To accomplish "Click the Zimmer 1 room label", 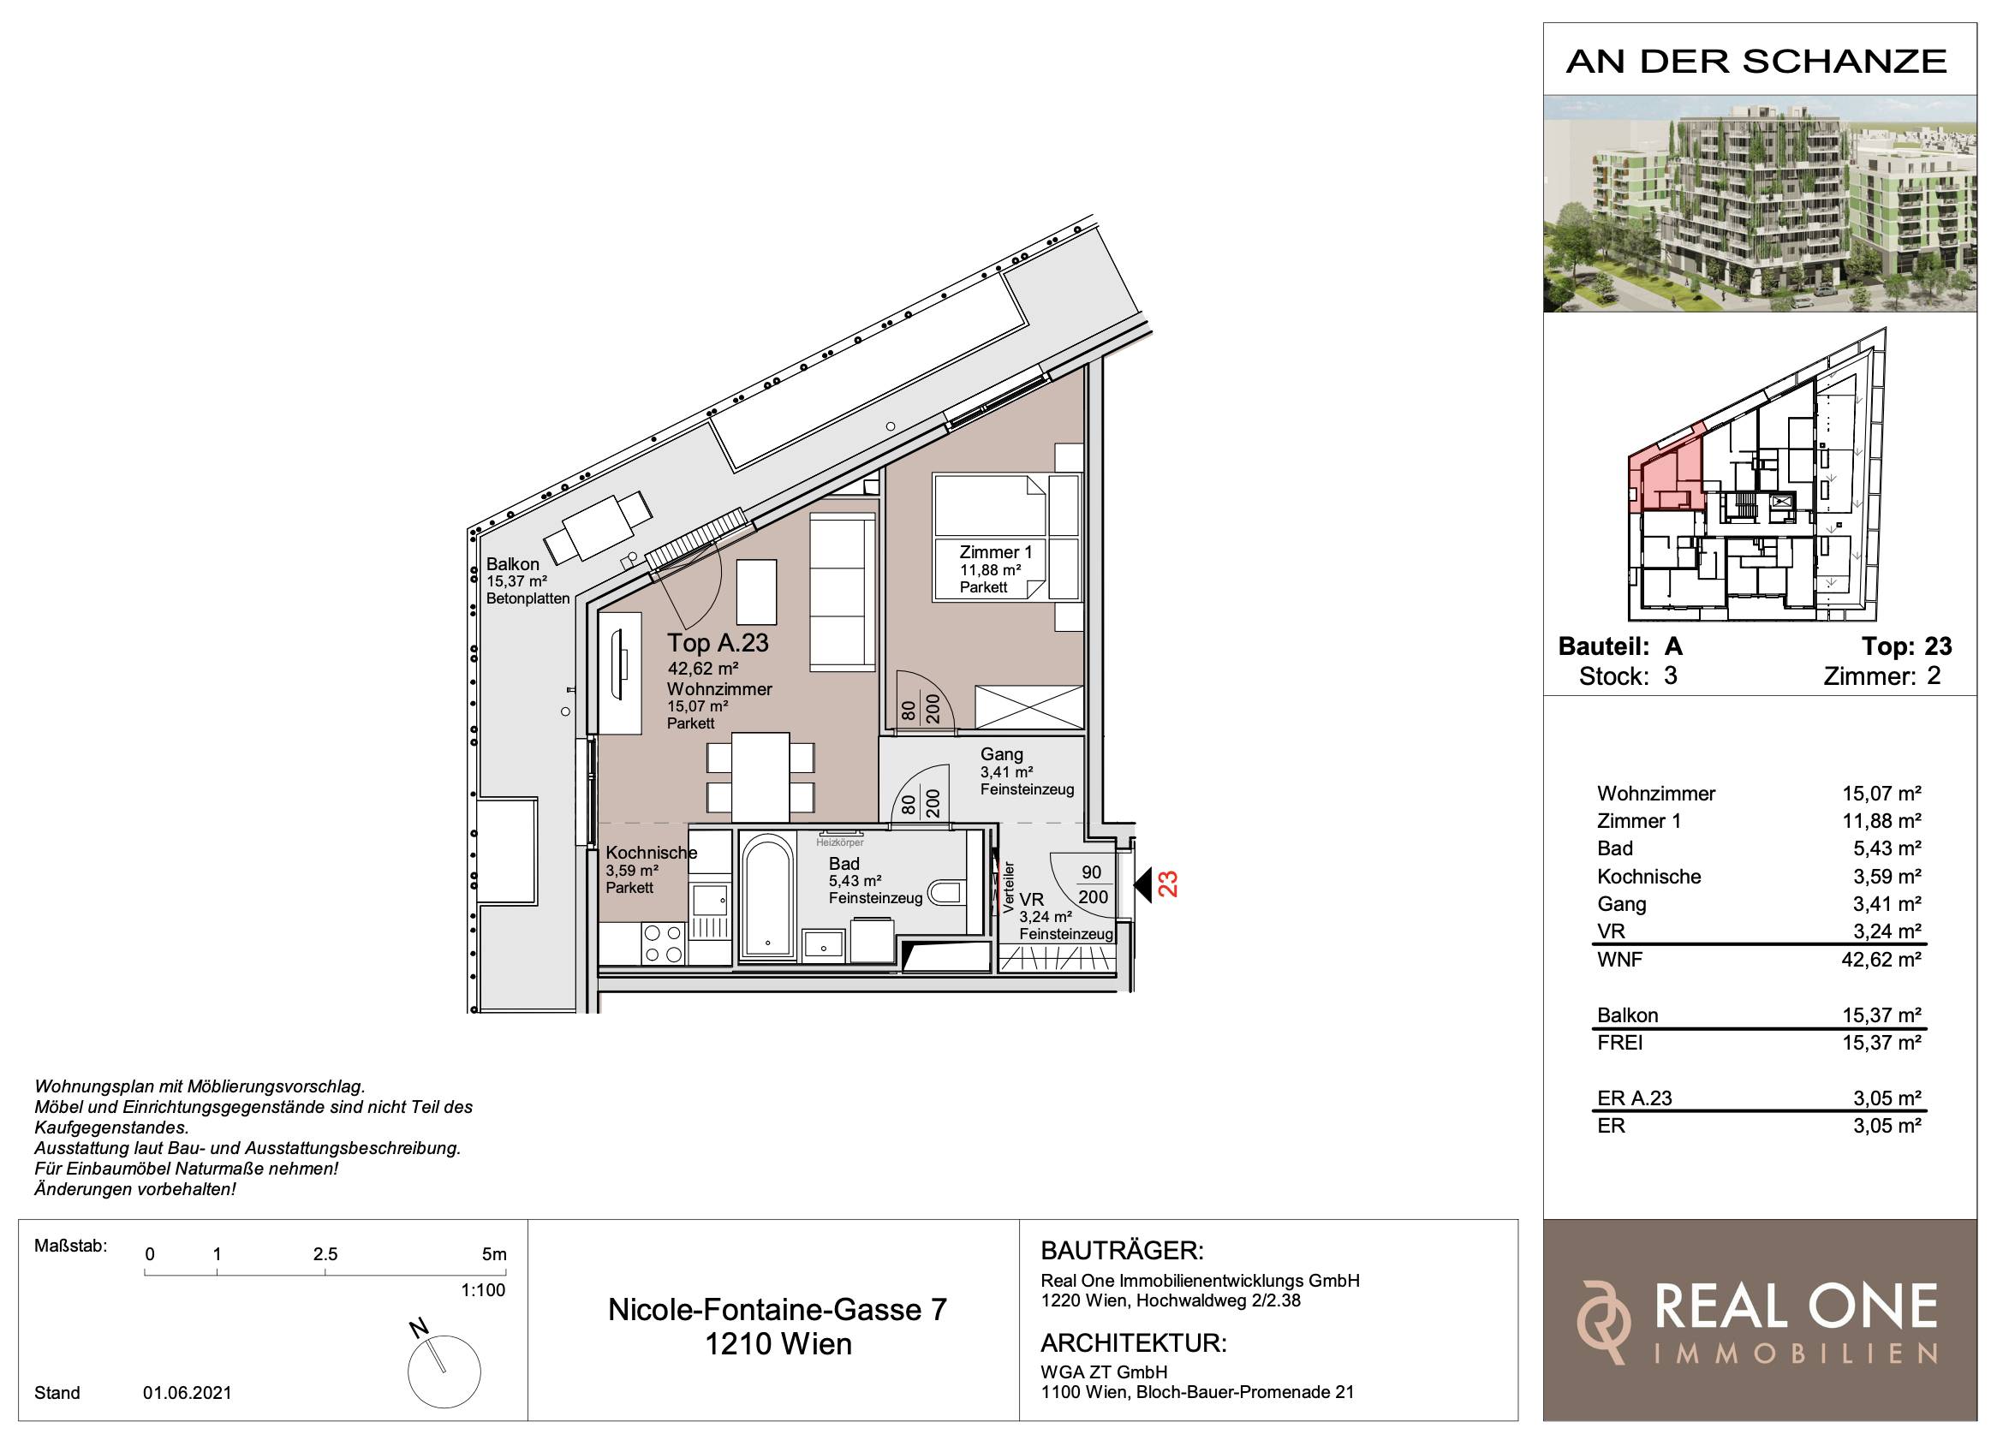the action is point(995,553).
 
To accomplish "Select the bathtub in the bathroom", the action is point(767,896).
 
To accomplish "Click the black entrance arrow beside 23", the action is point(1142,884).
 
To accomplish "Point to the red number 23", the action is point(1167,884).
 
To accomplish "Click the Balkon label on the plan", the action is point(512,564).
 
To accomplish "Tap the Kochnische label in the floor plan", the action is point(651,852).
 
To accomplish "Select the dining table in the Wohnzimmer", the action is point(760,778).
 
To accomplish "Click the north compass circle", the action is point(444,1372).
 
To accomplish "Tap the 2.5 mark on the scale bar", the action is point(325,1254).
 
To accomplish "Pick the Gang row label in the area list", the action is point(1621,904).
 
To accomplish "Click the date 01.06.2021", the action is point(188,1392).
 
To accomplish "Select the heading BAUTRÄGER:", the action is point(1122,1251).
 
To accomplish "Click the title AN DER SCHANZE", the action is point(1756,62).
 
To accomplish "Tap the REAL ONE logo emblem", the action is point(1602,1323).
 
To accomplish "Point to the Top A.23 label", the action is point(718,644).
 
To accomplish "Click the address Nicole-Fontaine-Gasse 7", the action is point(778,1310).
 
